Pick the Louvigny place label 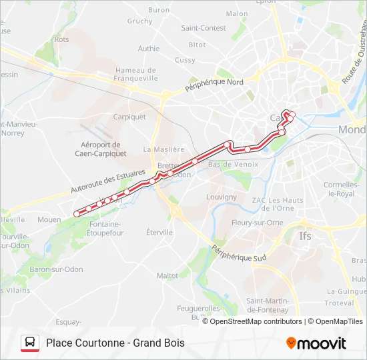(x=222, y=197)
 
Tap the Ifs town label (x=305, y=236)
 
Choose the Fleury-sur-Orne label (x=258, y=223)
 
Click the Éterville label (x=159, y=232)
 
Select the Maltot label (x=167, y=275)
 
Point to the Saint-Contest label (x=204, y=28)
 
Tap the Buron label (x=159, y=10)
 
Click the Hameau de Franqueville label (x=136, y=74)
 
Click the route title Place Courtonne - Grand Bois (x=115, y=343)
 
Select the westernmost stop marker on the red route (x=77, y=214)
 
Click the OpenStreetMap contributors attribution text (x=256, y=321)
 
